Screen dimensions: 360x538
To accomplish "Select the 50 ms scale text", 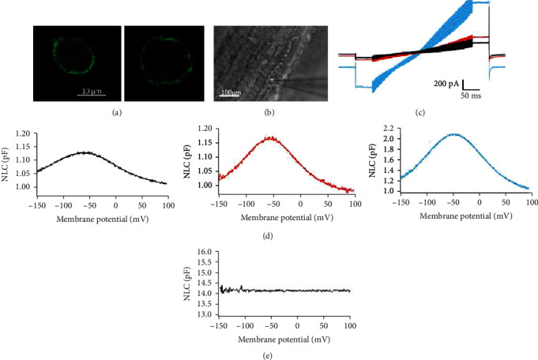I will pos(472,94).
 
